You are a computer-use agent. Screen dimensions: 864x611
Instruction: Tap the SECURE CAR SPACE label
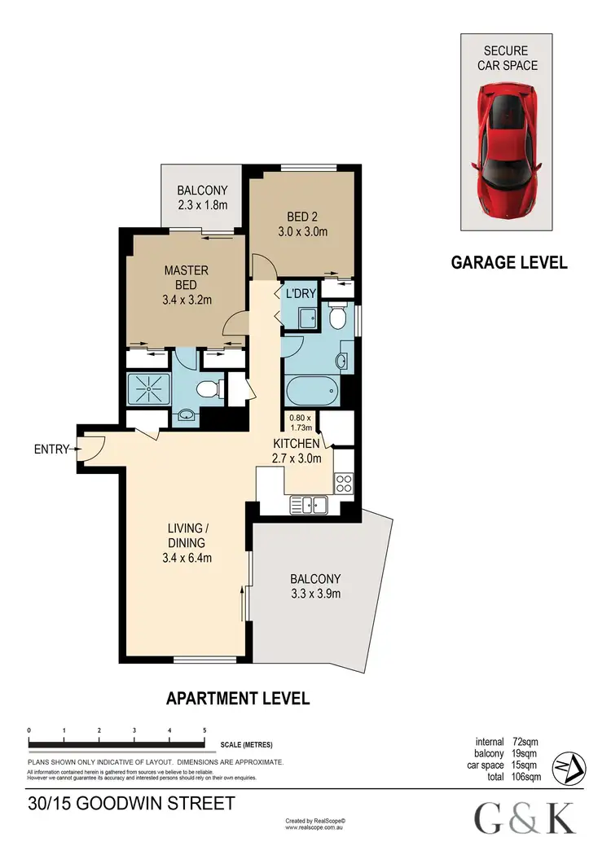click(x=506, y=59)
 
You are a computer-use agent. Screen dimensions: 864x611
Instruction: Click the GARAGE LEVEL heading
click(x=509, y=262)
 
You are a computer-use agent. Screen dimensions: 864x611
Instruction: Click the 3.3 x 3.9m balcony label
click(x=314, y=586)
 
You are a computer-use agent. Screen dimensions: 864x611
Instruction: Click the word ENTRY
click(x=50, y=449)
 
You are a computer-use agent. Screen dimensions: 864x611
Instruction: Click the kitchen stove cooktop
click(x=343, y=482)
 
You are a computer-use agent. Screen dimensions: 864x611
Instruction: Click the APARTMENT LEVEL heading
click(x=238, y=698)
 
